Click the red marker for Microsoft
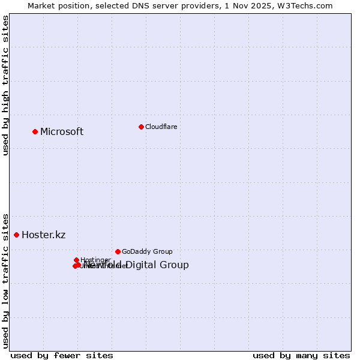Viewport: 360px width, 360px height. [35, 131]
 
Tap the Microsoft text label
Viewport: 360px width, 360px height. [62, 132]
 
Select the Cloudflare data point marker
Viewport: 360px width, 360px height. [141, 127]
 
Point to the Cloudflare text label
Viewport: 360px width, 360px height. [161, 127]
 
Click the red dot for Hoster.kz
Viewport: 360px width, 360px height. [16, 235]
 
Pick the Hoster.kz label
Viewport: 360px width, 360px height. [43, 235]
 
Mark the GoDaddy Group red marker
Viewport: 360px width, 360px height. [118, 251]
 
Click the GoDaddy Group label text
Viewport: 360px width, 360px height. [147, 252]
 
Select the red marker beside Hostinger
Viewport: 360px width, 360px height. [76, 260]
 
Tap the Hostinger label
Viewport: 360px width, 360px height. [95, 260]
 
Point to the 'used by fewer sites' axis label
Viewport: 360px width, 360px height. [62, 355]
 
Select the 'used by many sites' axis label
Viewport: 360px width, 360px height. [301, 355]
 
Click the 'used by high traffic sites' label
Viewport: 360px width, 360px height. [5, 85]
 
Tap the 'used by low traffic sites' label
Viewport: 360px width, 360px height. [5, 280]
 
